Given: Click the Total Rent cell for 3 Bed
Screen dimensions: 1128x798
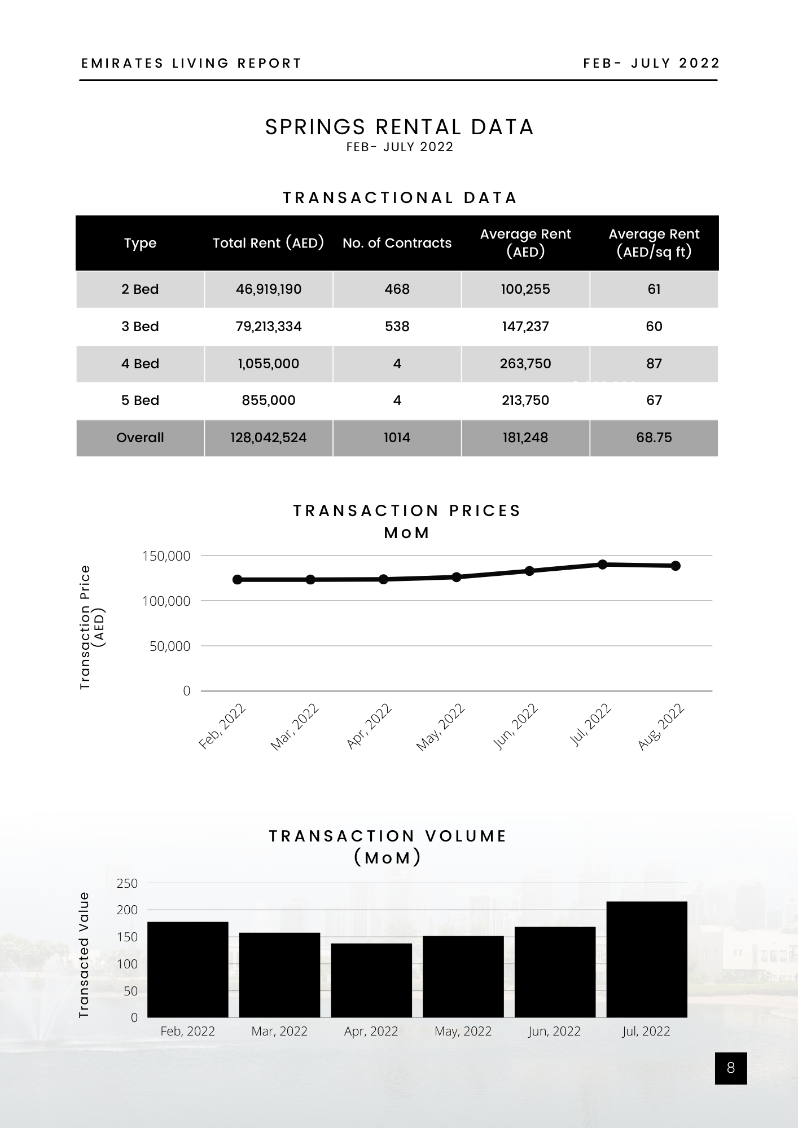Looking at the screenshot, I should coord(269,327).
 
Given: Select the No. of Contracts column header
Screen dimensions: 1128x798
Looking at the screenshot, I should coord(397,243).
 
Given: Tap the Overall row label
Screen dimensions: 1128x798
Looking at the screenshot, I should coord(140,438).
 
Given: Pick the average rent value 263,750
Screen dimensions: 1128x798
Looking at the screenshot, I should coord(525,364).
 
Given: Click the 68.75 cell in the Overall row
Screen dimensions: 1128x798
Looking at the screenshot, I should coord(654,438).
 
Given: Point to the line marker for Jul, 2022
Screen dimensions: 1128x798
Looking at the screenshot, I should coord(602,564).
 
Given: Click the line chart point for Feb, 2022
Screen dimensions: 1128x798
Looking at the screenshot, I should coord(238,580).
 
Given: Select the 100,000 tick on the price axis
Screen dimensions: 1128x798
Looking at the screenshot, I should coord(166,601).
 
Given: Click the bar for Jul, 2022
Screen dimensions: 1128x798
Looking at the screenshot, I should coord(646,959).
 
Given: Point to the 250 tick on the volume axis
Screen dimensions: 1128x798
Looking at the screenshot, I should coord(127,883).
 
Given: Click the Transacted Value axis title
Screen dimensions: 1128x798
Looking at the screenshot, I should coord(84,955).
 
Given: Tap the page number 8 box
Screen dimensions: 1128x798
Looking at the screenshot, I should coord(731,1068).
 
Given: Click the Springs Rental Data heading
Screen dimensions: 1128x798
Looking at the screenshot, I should coord(400,127).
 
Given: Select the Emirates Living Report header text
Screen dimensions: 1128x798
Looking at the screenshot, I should coord(192,63).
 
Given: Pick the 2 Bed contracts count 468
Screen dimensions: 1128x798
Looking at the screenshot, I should coord(397,289).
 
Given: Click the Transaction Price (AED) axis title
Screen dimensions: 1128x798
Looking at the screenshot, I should coord(92,627).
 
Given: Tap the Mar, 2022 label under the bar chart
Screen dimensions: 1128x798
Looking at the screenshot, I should coord(279,1031).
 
